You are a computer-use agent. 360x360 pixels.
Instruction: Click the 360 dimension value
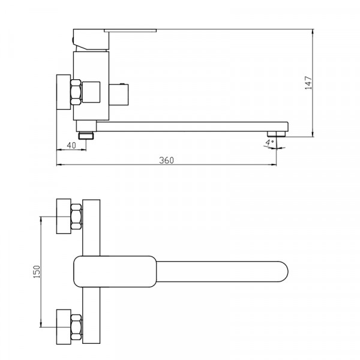coord(166,160)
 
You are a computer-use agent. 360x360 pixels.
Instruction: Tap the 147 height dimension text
coord(308,83)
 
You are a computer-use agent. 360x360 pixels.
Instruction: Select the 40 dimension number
coord(71,145)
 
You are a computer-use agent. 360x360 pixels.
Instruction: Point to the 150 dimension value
coord(37,272)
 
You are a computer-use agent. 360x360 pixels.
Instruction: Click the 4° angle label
coord(269,142)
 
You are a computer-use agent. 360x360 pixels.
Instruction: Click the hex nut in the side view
coord(76,92)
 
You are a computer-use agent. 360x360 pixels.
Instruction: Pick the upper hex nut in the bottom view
coord(76,217)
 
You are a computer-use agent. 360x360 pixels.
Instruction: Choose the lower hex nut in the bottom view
coord(76,327)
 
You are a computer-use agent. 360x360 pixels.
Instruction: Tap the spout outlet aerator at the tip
coord(276,134)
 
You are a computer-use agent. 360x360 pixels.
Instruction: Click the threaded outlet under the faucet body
coord(86,135)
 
